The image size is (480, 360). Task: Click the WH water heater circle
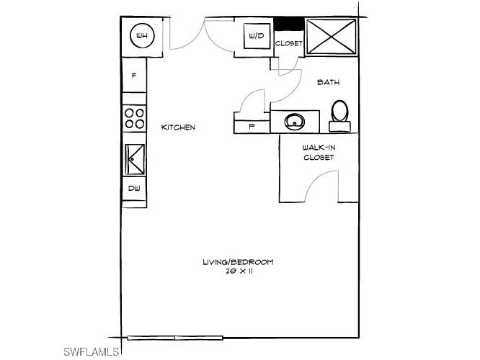pos(141,35)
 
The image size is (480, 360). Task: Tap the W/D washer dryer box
pos(256,35)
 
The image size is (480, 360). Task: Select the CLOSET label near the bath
pos(289,43)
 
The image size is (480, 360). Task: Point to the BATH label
pos(328,83)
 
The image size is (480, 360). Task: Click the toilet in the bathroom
pos(340,115)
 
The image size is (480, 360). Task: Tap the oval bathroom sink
pos(295,121)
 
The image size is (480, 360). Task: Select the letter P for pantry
pos(252,126)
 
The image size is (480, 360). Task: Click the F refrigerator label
pos(134,76)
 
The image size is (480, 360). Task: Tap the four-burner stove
pos(134,117)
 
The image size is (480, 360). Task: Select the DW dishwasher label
pos(134,189)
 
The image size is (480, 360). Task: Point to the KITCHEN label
pos(178,127)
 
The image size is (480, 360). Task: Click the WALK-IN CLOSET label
pos(319,152)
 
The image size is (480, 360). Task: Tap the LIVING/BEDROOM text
pos(238,262)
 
